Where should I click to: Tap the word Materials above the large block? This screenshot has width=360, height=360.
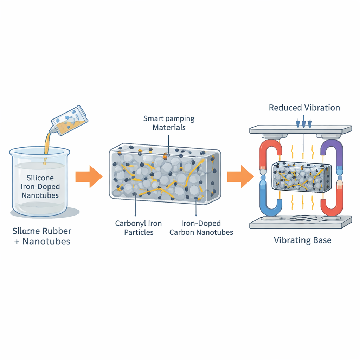[x=169, y=127]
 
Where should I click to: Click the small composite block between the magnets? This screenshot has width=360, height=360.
[x=301, y=176]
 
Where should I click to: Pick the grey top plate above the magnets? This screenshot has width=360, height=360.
[x=301, y=129]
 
